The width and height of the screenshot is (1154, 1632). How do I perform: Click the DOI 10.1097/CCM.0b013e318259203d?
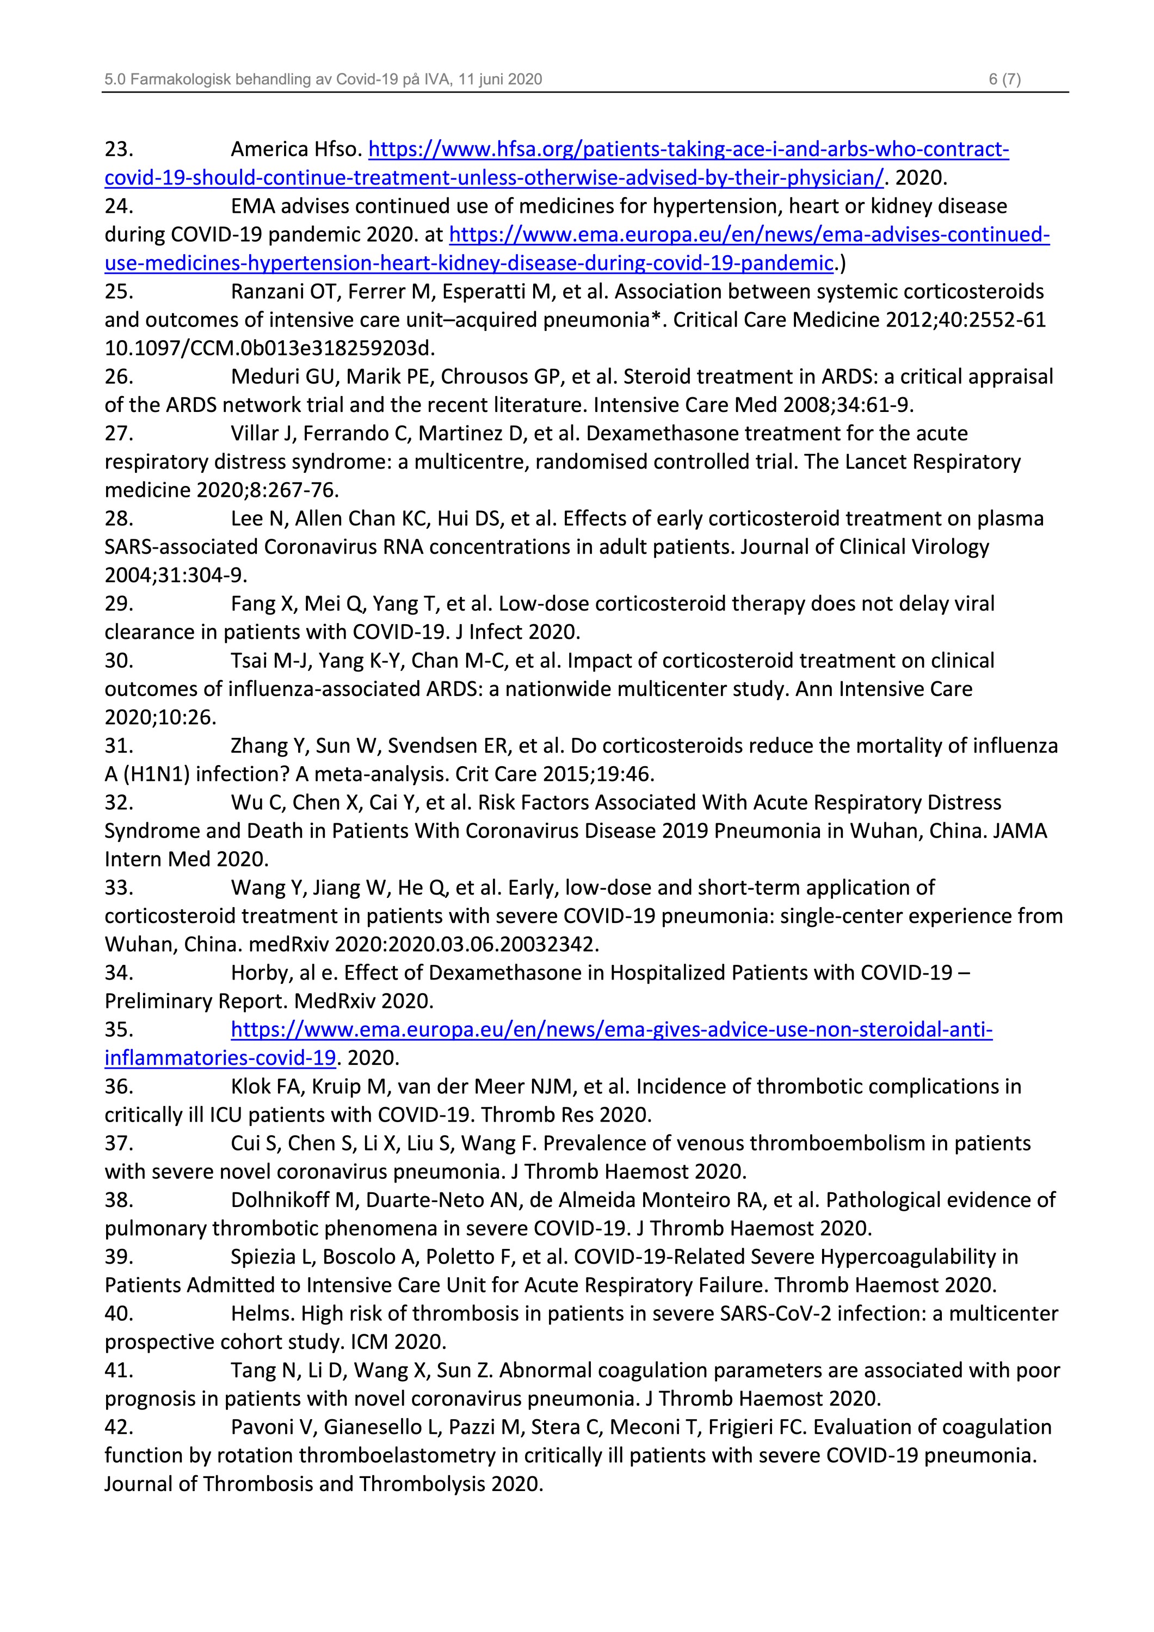point(270,348)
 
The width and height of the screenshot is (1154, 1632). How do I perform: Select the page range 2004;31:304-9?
point(176,575)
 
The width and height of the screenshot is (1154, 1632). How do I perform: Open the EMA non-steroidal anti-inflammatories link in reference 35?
point(611,1030)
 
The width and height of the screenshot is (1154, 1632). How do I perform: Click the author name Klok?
point(251,1087)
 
